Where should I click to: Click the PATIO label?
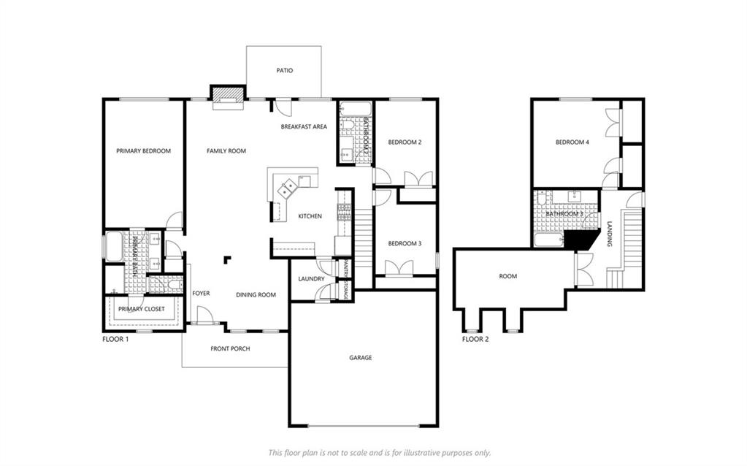tap(284, 71)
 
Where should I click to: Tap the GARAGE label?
tap(360, 358)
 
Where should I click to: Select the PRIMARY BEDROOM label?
tap(143, 151)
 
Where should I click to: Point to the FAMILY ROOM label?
tap(226, 151)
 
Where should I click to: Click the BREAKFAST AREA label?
tap(304, 127)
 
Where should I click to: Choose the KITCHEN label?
tap(310, 216)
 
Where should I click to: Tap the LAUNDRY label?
tap(311, 279)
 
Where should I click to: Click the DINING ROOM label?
tap(256, 295)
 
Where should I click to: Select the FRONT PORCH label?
tap(230, 349)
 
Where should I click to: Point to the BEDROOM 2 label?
tap(405, 142)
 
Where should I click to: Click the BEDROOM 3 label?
tap(405, 243)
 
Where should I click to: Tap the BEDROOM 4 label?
tap(572, 142)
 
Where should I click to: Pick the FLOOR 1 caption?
tap(115, 339)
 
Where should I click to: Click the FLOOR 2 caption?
tap(475, 339)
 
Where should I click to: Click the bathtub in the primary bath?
tap(114, 246)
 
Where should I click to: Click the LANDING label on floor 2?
tap(609, 234)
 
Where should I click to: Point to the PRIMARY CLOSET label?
tap(142, 309)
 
